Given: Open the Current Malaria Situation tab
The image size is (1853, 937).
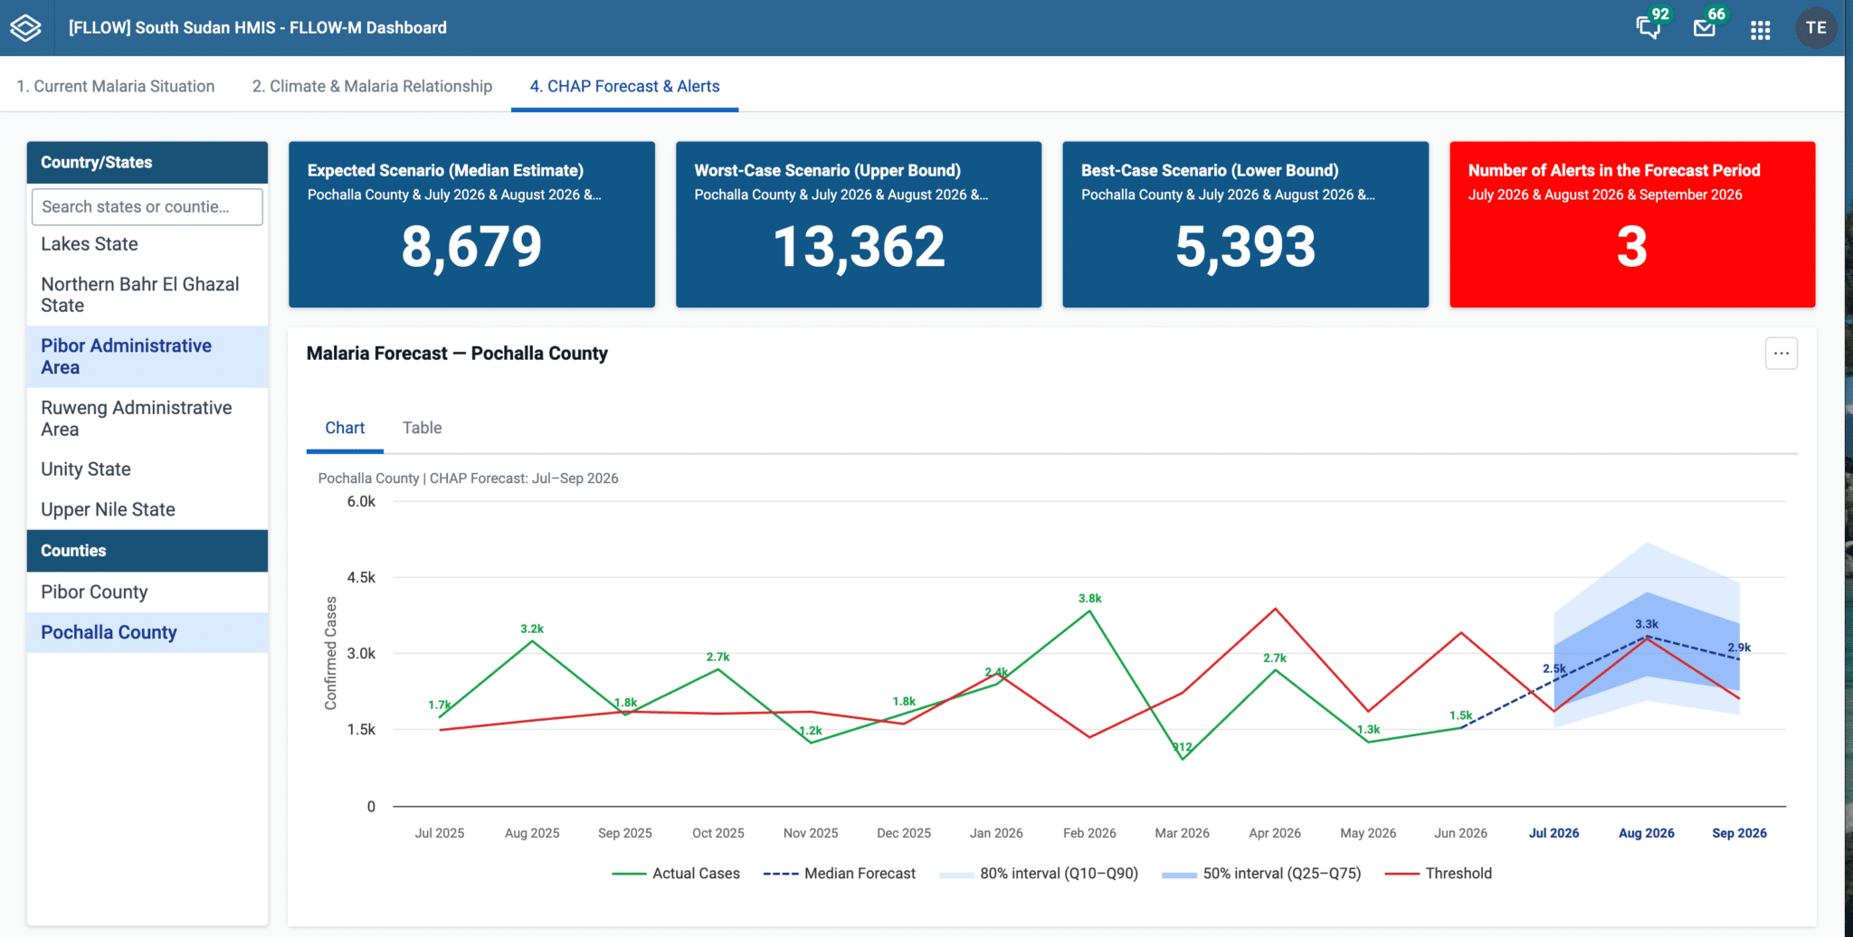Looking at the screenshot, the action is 116,86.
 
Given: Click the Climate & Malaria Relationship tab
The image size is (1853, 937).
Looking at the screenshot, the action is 372,86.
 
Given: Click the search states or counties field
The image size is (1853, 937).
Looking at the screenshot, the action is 147,206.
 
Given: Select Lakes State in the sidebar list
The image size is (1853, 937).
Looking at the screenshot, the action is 90,244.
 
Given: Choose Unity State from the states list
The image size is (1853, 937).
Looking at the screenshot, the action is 86,469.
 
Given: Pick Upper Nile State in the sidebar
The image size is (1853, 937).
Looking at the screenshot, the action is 108,509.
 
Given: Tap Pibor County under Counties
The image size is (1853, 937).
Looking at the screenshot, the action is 94,592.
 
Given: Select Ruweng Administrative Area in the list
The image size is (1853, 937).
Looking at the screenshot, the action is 136,418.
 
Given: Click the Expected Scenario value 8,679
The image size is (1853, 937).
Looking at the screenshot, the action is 471,246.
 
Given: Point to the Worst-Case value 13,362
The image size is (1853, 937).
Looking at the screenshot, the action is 859,246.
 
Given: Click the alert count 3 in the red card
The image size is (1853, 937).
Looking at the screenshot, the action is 1631,246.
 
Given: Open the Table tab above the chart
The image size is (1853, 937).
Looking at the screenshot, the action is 422,428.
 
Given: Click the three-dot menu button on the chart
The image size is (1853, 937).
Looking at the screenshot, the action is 1781,353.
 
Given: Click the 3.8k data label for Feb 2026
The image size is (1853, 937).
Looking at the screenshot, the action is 1089,598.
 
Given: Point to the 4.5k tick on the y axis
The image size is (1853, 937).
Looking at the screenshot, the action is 361,577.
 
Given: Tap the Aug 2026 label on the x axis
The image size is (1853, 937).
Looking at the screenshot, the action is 1646,833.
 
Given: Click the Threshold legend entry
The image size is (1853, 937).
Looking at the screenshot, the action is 1439,873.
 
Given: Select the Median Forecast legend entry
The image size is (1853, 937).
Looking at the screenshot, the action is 840,873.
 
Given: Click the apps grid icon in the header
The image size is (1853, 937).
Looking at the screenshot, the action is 1760,30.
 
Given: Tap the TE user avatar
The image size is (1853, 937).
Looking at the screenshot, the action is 1815,28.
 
